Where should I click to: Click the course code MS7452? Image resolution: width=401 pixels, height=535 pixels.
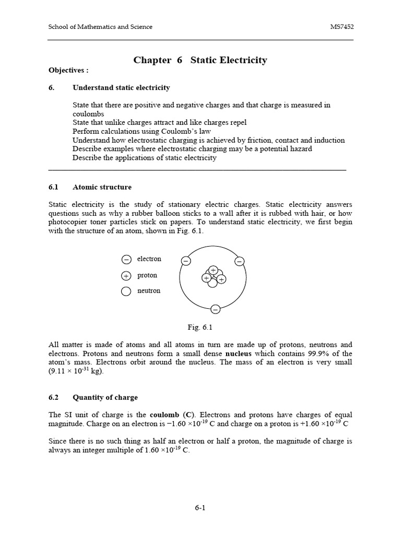[341, 27]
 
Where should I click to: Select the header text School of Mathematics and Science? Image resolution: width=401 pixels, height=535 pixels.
[100, 27]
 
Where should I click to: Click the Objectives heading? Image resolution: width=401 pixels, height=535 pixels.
[68, 70]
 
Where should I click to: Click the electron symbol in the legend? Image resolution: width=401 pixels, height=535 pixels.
[126, 260]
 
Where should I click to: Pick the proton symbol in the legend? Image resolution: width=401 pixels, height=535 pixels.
[126, 276]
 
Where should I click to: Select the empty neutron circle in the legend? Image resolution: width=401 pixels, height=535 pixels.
[126, 292]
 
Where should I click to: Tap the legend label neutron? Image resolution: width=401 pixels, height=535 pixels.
[149, 291]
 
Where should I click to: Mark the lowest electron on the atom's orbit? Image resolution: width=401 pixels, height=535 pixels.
[215, 309]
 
